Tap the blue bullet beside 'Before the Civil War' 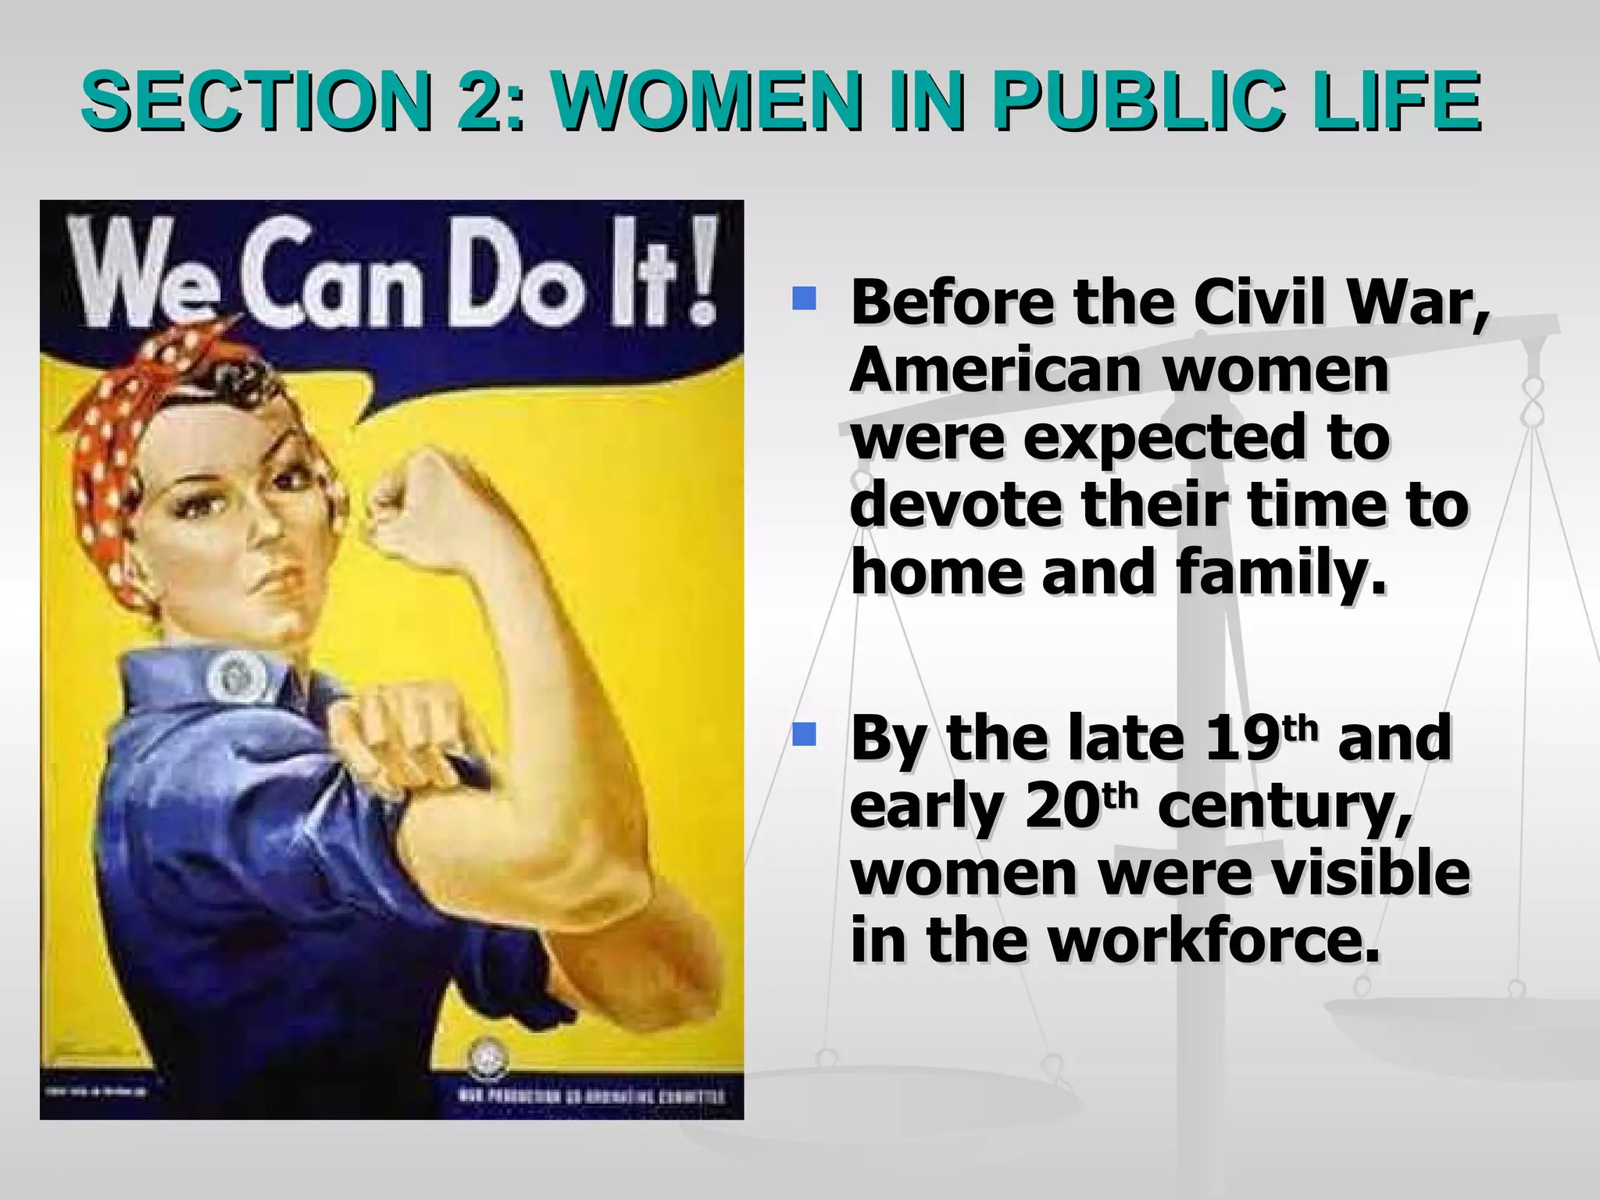tap(803, 299)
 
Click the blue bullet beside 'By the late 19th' tap(803, 734)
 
